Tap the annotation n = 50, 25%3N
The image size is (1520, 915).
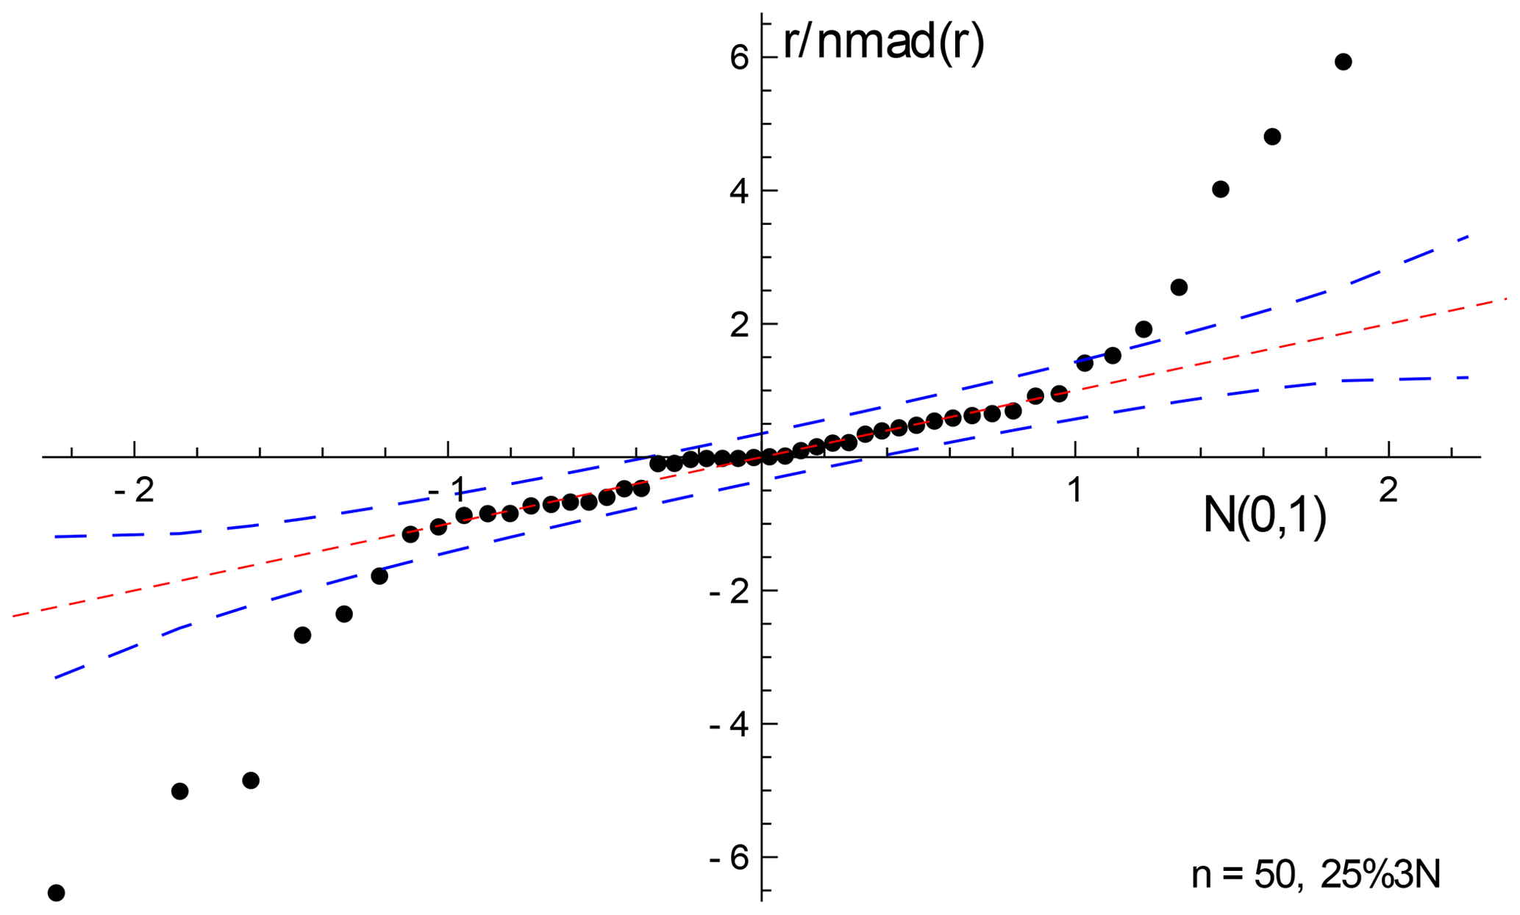pos(1316,875)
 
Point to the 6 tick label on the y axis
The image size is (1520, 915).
pos(739,57)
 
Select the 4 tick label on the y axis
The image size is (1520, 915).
pos(739,191)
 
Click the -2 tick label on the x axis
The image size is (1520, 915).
pos(135,490)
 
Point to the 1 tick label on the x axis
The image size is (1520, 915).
pos(1075,490)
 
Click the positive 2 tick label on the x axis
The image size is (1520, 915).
pos(1388,490)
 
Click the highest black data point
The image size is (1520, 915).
pos(1343,62)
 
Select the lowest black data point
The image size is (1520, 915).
pos(56,893)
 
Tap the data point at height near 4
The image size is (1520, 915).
pos(1220,190)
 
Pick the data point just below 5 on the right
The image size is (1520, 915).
pos(1271,137)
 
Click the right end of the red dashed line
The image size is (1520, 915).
pos(1505,299)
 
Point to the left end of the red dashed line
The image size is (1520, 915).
pos(14,615)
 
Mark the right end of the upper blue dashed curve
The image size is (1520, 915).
pos(1468,237)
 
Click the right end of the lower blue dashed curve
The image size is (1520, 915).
pos(1468,377)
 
